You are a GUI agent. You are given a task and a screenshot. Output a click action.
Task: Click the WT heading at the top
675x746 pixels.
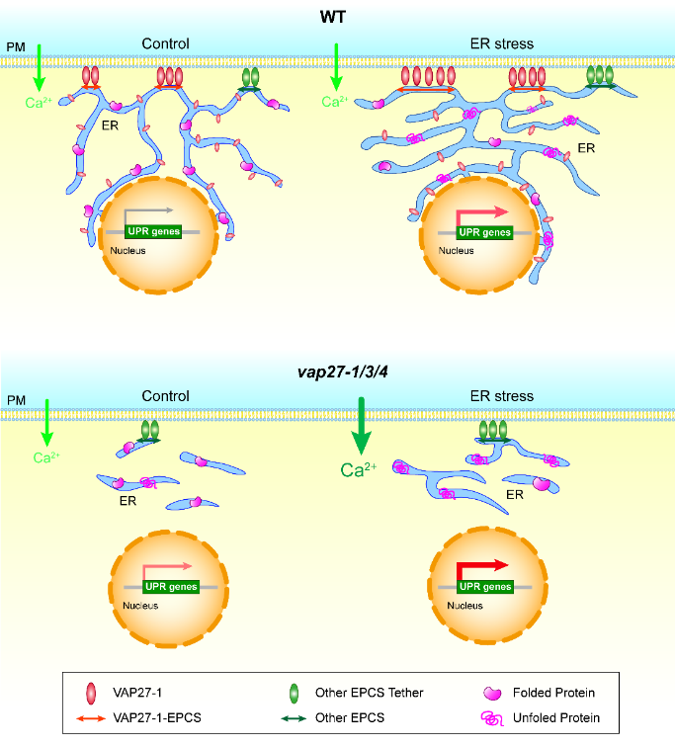[338, 17]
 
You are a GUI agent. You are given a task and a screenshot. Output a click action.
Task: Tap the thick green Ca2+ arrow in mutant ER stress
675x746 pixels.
[362, 425]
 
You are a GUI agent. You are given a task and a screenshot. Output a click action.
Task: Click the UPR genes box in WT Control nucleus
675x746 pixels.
[155, 232]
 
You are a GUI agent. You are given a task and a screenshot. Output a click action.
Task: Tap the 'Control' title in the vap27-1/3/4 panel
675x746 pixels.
[166, 396]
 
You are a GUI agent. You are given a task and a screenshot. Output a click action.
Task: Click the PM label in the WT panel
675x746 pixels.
[15, 46]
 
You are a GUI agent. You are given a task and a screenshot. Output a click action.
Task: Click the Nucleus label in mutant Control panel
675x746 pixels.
[139, 605]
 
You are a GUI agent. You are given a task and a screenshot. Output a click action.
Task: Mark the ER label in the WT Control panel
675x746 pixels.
[113, 126]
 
